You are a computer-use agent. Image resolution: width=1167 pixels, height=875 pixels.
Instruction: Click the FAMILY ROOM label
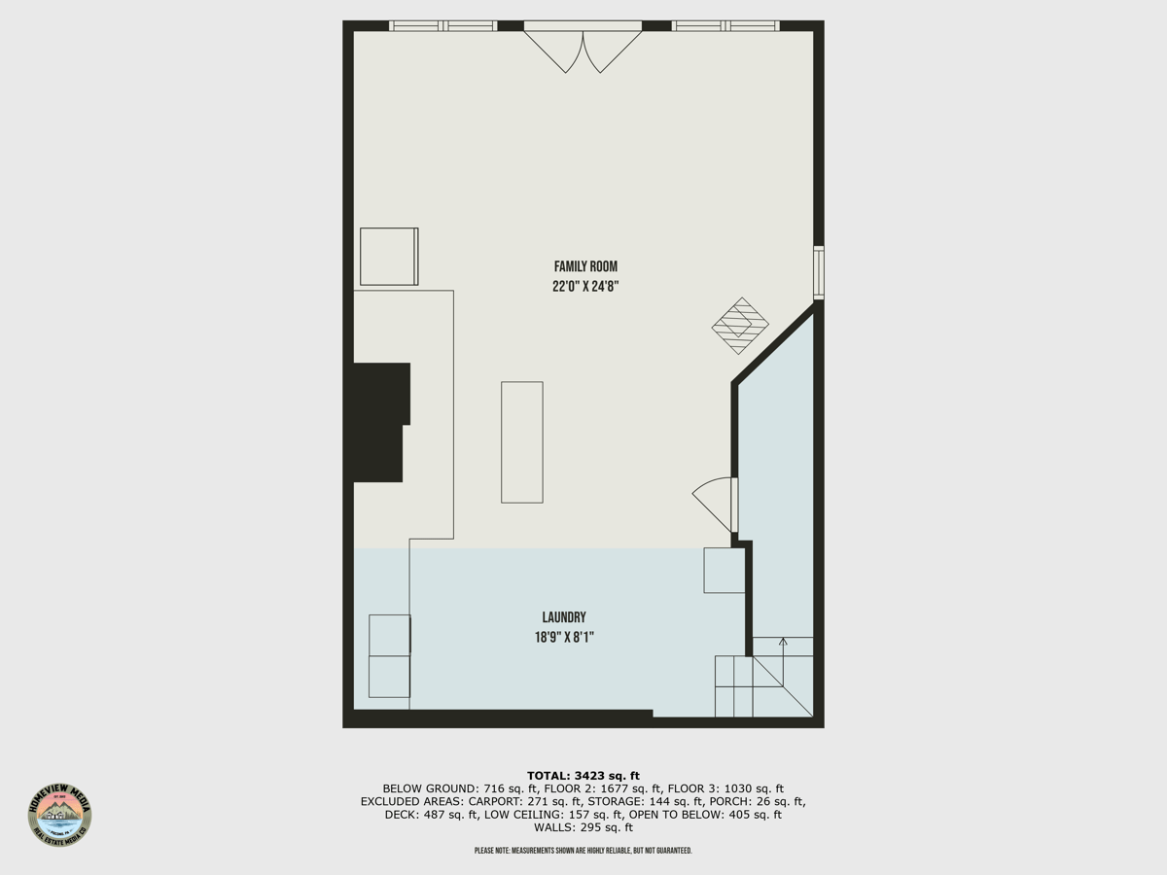(x=585, y=266)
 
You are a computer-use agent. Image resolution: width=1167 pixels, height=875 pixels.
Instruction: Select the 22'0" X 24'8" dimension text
(x=585, y=287)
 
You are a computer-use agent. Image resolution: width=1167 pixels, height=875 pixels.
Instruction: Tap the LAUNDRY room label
(x=564, y=617)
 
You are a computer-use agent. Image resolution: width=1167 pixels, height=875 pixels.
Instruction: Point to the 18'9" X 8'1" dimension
(x=564, y=638)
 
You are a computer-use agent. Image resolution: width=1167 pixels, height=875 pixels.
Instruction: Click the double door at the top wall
(x=583, y=49)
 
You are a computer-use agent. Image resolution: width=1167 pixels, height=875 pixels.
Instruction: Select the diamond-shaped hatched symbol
(x=740, y=326)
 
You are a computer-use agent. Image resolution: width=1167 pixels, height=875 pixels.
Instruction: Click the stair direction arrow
(x=783, y=644)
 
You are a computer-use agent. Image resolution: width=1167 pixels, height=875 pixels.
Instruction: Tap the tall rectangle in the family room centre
(x=522, y=442)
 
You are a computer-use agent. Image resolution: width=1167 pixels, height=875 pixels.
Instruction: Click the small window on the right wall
(x=819, y=272)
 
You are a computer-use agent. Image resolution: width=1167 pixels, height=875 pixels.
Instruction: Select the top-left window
(x=442, y=26)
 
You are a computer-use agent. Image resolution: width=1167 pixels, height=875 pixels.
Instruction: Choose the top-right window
(x=725, y=26)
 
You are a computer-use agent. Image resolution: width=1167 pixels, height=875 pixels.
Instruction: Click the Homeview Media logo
(x=59, y=814)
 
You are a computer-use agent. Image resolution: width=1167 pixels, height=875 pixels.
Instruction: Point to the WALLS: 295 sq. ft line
(x=583, y=827)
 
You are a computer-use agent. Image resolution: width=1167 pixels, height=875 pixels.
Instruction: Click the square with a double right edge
(x=389, y=257)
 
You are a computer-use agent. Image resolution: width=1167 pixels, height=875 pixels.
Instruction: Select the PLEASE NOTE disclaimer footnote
(x=583, y=851)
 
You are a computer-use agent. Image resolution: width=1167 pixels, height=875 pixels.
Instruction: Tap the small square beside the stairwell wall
(x=725, y=571)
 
